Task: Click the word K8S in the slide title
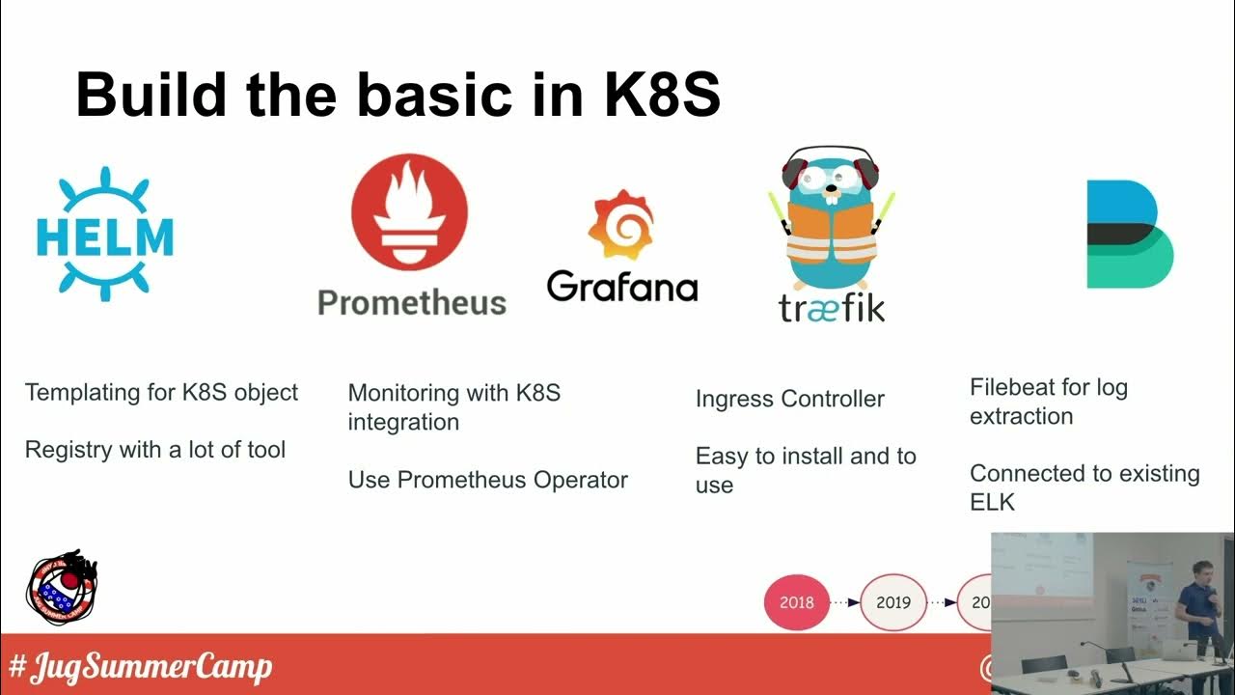pos(662,95)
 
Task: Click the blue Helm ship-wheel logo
pos(104,235)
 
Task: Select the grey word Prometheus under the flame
pos(412,303)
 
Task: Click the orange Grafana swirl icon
pos(620,225)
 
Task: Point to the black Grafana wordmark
pos(621,287)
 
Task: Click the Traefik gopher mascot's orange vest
pos(831,236)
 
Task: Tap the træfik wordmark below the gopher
pos(831,306)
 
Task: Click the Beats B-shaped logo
pos(1129,235)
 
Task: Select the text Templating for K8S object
pos(161,393)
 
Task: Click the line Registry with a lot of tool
pos(155,450)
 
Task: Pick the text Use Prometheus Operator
pos(487,480)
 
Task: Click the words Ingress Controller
pos(789,399)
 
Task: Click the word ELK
pos(992,502)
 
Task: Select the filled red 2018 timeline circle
pos(796,602)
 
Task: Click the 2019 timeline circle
pos(892,602)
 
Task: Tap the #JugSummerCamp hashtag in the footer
pos(140,667)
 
